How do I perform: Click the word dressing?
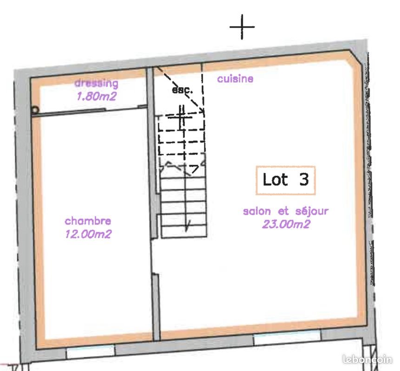click(x=97, y=84)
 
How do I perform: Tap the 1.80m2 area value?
click(x=96, y=97)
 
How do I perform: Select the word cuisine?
click(x=235, y=79)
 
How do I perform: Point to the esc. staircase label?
click(x=182, y=90)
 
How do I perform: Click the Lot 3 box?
click(x=285, y=180)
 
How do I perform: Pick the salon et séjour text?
click(x=286, y=211)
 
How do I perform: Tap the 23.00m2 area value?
click(x=286, y=224)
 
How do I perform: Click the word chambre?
click(x=88, y=221)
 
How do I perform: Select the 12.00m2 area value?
click(x=88, y=234)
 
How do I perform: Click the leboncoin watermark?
click(x=367, y=359)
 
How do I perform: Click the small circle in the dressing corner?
click(x=35, y=110)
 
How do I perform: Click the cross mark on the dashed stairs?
click(x=181, y=117)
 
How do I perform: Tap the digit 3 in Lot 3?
click(x=304, y=180)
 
